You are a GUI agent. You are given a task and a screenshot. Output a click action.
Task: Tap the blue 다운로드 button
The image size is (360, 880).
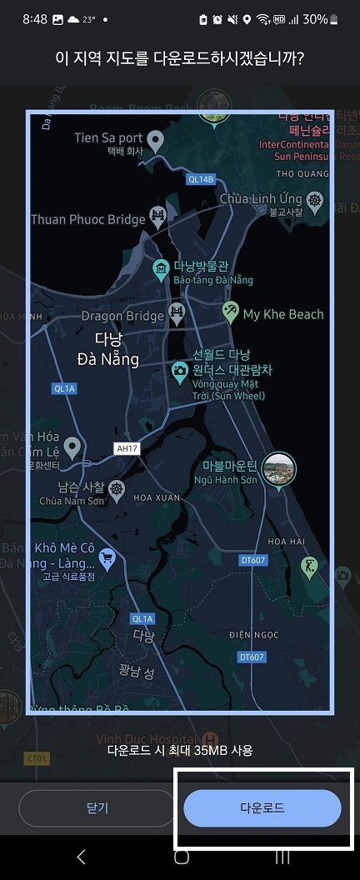262,808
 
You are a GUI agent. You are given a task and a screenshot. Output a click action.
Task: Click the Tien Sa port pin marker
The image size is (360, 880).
155,139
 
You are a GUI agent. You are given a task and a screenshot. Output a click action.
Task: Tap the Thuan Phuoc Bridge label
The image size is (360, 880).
87,220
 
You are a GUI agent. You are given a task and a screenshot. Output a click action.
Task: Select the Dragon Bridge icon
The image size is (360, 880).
177,313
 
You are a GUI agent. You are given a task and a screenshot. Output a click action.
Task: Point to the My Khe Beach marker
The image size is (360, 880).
231,312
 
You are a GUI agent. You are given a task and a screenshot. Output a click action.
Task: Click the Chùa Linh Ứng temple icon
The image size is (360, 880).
314,199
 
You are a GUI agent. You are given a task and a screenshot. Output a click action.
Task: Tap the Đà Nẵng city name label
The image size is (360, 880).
107,350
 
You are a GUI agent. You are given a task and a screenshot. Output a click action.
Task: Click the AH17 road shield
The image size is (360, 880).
127,448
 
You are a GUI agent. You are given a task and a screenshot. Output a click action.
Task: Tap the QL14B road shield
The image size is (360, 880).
201,179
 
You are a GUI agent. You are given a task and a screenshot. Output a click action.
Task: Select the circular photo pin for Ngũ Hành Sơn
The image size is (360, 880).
277,469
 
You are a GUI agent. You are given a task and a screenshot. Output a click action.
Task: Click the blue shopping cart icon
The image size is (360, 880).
107,557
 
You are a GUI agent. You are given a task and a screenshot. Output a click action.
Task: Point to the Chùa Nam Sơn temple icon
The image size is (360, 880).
117,487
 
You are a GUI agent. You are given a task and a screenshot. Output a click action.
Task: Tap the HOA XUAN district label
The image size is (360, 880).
157,497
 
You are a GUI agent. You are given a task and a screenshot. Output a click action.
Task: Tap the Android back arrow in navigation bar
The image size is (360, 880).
81,857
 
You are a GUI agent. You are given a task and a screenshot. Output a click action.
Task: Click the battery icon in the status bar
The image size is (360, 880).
334,18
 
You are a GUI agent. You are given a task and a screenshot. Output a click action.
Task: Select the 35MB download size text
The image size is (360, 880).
180,750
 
